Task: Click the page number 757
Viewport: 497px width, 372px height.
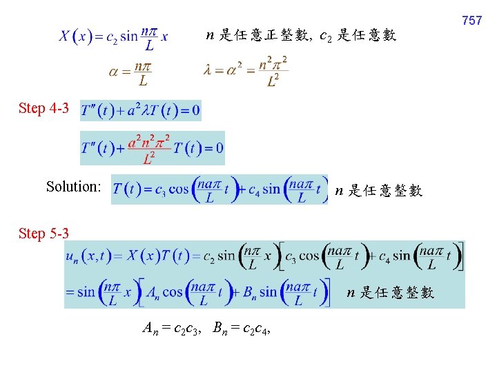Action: point(471,21)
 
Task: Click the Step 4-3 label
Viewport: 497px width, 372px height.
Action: point(44,108)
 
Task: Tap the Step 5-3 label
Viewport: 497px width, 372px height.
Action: point(44,234)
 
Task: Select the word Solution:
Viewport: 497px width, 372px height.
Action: point(74,187)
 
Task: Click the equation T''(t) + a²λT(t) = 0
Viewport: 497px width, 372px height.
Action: point(141,110)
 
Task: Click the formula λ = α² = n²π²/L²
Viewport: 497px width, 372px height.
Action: point(246,72)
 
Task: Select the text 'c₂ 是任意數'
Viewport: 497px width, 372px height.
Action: point(358,35)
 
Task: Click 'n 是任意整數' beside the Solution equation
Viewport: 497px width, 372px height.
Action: point(378,191)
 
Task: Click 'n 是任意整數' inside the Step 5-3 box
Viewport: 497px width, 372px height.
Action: point(390,293)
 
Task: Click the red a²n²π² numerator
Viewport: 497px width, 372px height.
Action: point(148,140)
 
